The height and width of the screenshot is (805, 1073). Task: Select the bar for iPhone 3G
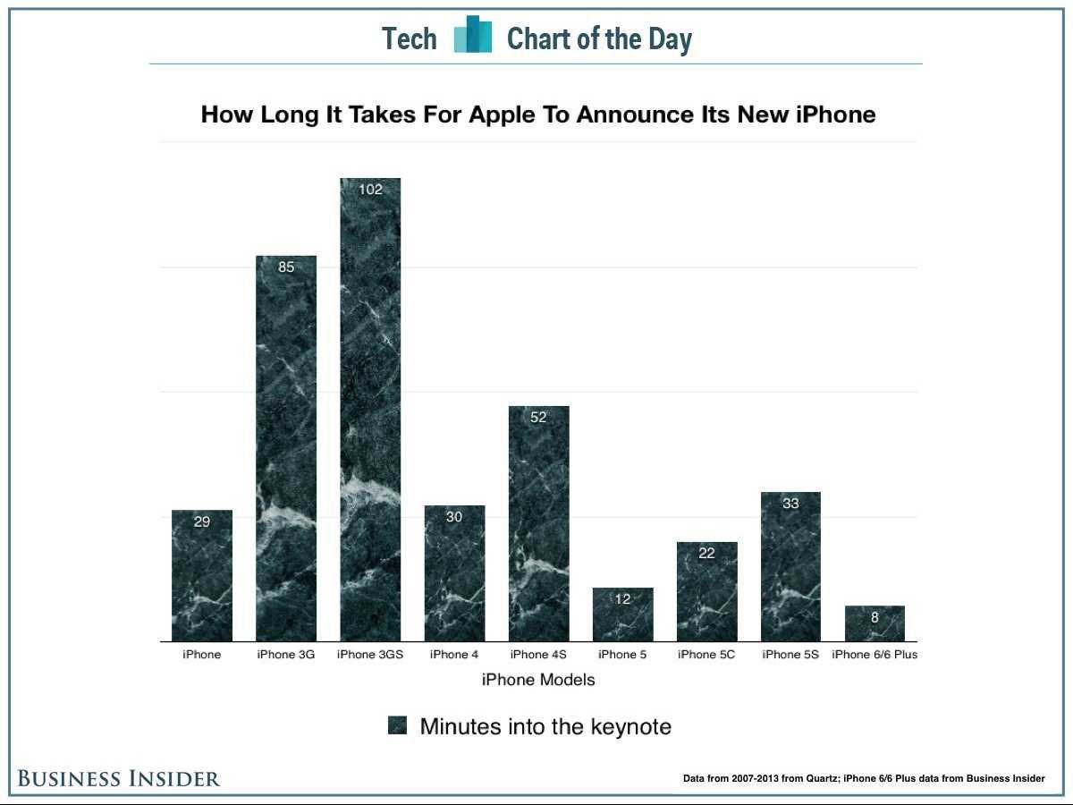click(286, 448)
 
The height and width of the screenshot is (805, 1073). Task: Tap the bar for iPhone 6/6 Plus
click(874, 623)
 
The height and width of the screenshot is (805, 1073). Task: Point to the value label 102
click(370, 190)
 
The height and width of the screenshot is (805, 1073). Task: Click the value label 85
click(286, 267)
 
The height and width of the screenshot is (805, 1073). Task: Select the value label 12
click(622, 599)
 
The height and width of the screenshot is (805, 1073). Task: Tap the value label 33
click(790, 504)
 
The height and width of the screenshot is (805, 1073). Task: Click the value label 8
click(874, 617)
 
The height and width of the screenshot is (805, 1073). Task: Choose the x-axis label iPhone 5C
click(706, 655)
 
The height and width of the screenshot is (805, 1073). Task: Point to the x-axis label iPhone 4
click(454, 655)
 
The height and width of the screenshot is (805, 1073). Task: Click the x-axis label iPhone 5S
click(790, 655)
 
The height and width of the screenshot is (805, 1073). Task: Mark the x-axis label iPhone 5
click(622, 655)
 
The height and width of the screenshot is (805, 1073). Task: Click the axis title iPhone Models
click(538, 680)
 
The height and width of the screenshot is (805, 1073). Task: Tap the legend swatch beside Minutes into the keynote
click(398, 725)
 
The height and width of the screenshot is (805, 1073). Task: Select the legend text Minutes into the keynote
click(545, 726)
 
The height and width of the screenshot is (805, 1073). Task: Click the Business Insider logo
click(118, 778)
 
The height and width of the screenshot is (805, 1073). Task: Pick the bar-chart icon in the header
click(473, 36)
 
